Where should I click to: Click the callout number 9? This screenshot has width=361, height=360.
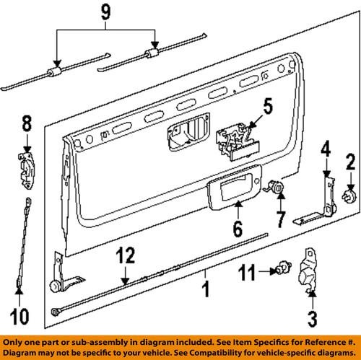[107, 11]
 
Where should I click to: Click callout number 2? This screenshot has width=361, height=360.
[352, 162]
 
